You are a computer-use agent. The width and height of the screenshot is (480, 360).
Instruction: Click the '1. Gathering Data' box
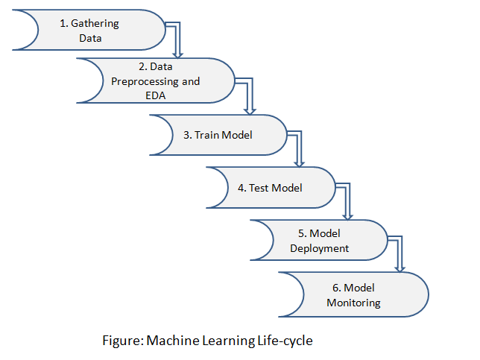[89, 31]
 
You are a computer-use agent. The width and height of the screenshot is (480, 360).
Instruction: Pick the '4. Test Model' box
[270, 188]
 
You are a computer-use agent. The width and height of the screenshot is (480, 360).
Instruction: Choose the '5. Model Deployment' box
[319, 240]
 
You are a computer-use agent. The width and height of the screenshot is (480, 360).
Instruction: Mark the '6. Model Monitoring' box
[353, 294]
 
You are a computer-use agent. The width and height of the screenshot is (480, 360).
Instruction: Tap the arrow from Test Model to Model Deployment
[347, 199]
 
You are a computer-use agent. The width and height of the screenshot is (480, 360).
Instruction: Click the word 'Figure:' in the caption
[123, 341]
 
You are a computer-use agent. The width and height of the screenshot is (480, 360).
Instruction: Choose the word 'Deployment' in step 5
[319, 247]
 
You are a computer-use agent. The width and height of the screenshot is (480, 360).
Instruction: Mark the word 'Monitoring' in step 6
[353, 303]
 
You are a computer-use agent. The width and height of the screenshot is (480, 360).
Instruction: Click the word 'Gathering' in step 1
[95, 24]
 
